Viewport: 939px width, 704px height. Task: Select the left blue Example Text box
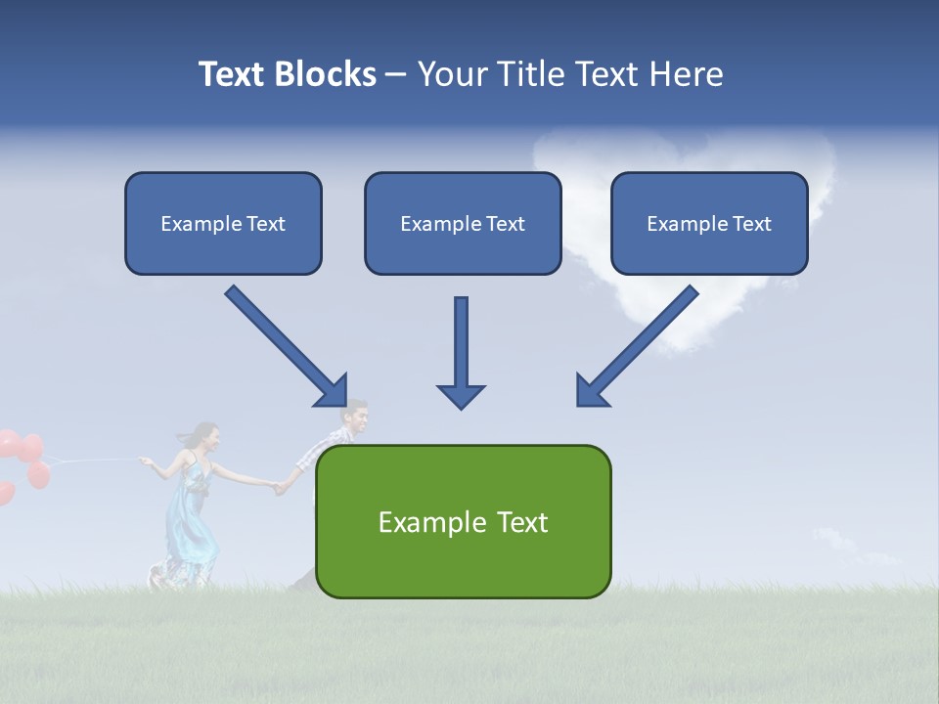(x=223, y=223)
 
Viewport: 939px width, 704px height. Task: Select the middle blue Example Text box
(x=463, y=223)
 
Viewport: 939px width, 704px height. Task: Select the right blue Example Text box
(x=709, y=223)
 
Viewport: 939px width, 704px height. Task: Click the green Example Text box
(x=463, y=521)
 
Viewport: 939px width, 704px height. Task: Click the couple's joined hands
(x=282, y=485)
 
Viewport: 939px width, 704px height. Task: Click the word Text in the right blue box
(x=751, y=223)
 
